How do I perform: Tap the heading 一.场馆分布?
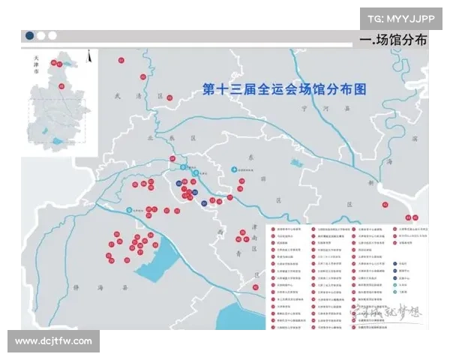[x=393, y=40]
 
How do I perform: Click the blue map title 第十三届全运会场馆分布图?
[x=285, y=88]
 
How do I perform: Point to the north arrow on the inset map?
[x=90, y=55]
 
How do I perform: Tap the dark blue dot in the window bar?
[x=29, y=35]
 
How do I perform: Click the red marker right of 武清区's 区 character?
[x=170, y=97]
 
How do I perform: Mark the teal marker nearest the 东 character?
[x=233, y=169]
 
